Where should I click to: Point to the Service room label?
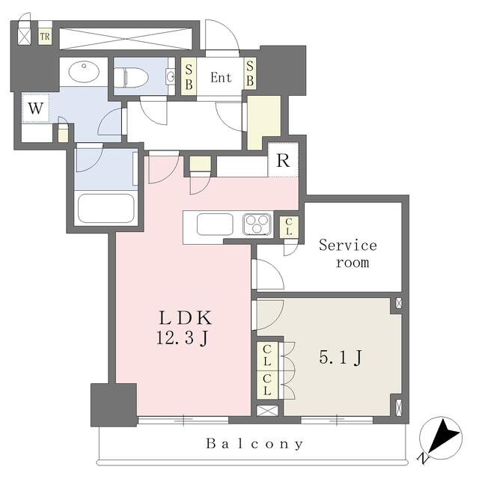(348, 254)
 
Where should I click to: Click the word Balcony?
(255, 444)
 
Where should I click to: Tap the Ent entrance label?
(221, 77)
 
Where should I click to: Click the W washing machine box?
(35, 109)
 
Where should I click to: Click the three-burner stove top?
(257, 223)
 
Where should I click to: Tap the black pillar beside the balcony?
(113, 405)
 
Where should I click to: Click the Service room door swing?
(268, 274)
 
